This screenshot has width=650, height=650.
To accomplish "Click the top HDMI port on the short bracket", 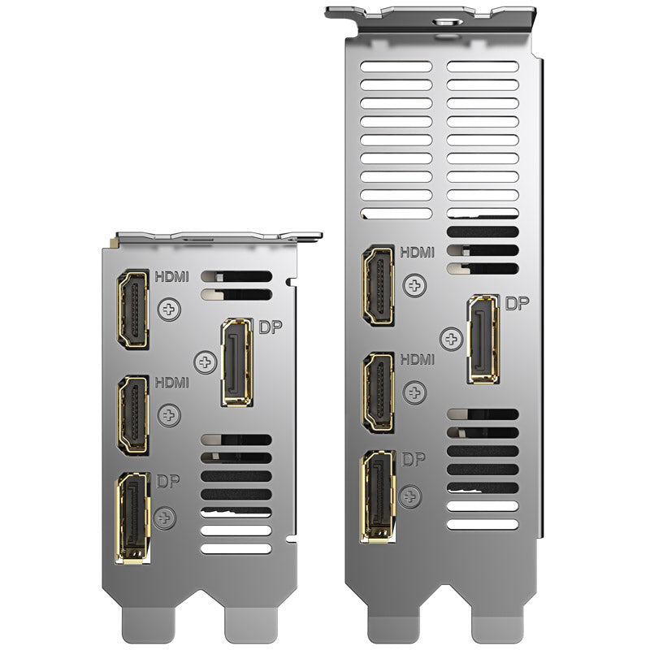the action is pos(133,310).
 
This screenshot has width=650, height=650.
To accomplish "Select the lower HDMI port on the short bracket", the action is pos(133,415).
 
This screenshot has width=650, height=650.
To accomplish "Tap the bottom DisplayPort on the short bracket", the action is pos(133,518).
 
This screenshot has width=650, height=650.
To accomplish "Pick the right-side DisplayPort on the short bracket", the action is pos(237,362).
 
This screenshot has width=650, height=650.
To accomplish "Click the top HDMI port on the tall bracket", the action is pos(378,286).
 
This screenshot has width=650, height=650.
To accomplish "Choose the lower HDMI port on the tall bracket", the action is pos(378,392).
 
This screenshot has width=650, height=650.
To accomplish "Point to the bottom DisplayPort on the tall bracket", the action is pos(378,496).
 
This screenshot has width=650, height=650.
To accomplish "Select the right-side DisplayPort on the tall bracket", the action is pos(483,339).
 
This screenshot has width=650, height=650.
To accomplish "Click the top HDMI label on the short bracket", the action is pos(171,276).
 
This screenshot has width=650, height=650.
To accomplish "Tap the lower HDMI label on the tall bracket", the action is pos(417,359).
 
